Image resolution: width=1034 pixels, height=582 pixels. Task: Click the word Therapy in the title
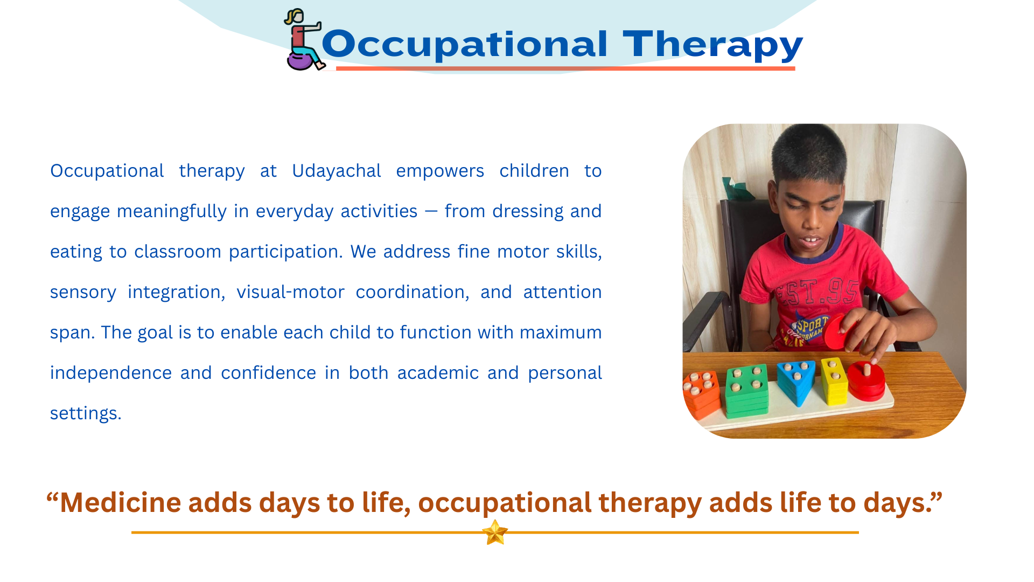click(712, 44)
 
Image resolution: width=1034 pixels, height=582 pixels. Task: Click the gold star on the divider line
click(495, 532)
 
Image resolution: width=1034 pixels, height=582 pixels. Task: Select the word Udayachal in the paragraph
click(337, 171)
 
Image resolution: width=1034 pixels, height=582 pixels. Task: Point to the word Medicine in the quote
click(120, 502)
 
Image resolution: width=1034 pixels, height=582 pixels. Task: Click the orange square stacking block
click(701, 394)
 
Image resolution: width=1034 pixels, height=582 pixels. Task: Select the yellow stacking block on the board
click(834, 381)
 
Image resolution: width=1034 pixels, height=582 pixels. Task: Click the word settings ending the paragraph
click(86, 413)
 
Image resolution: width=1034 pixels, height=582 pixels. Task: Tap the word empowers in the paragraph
click(440, 171)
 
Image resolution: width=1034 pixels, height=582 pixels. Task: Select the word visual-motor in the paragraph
click(290, 292)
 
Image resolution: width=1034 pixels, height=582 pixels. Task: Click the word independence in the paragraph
click(110, 373)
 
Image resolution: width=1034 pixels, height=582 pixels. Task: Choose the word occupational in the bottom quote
click(505, 503)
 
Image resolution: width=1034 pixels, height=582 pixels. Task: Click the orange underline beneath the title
click(565, 68)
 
